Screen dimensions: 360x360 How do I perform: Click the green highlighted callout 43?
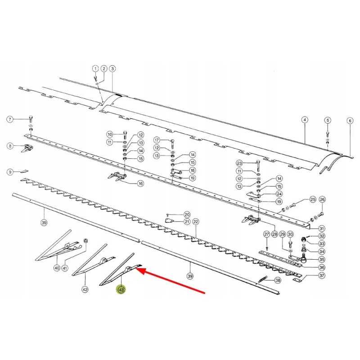coord(121,290)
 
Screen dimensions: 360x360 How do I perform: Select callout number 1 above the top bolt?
coord(95,68)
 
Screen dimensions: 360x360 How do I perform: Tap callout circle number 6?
coord(350,121)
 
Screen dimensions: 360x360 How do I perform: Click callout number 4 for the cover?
coord(305,120)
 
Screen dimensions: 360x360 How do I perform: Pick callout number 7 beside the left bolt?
coord(10,119)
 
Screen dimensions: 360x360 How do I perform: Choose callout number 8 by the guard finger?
coord(10,146)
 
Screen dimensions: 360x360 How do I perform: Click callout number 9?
coord(10,172)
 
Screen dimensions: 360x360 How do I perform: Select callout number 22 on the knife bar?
coord(196,222)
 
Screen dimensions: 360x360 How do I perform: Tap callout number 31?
coord(322,229)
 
